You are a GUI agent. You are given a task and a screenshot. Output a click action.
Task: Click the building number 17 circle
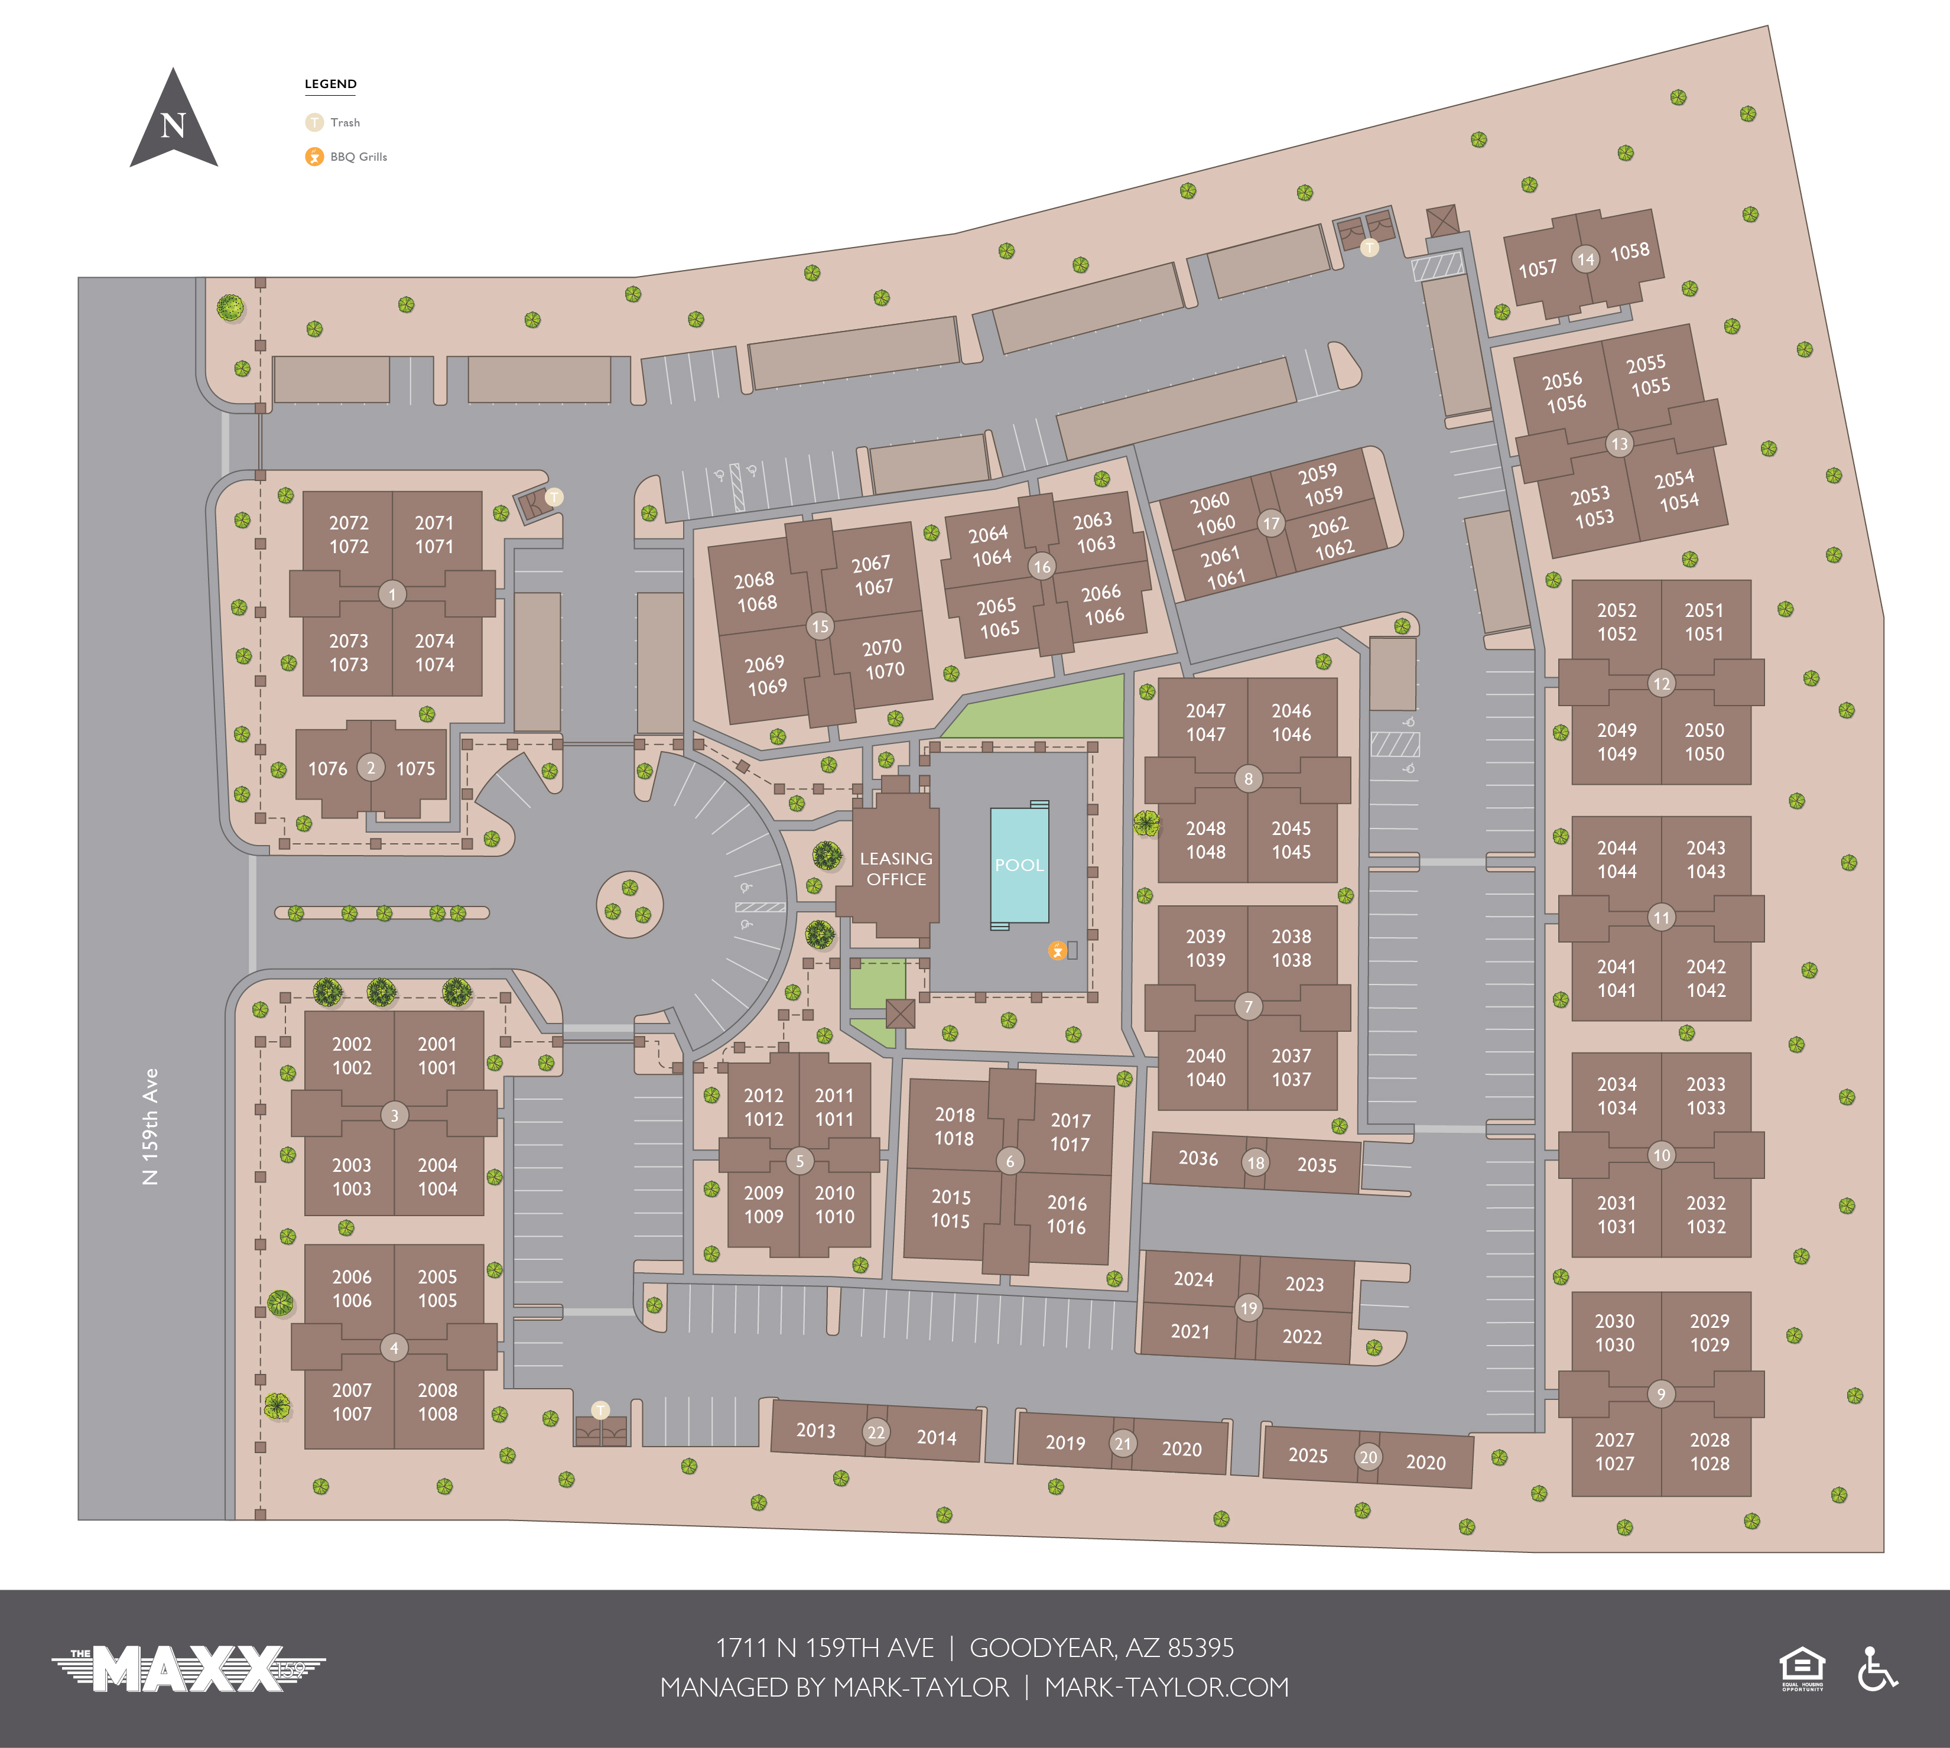(x=1271, y=524)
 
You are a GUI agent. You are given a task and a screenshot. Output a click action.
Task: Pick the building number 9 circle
(x=1661, y=1393)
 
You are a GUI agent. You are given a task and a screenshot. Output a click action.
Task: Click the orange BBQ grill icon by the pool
(x=1057, y=951)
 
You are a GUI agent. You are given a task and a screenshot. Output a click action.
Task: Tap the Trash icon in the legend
(x=314, y=122)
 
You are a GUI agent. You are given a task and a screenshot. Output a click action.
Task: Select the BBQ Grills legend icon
(x=314, y=157)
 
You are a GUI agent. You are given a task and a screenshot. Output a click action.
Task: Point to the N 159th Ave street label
(x=151, y=1126)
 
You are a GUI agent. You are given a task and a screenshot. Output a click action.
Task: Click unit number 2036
(x=1198, y=1158)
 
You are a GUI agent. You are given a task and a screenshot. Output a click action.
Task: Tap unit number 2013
(x=815, y=1430)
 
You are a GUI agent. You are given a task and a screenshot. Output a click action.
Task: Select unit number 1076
(x=327, y=768)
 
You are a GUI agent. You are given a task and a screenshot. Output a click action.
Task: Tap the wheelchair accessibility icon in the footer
(x=1876, y=1668)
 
